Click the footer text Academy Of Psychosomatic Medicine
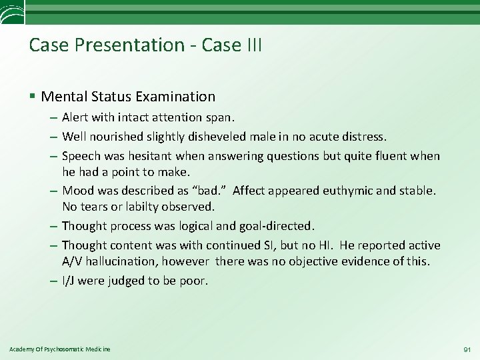pyautogui.click(x=60, y=349)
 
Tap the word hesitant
pyautogui.click(x=164, y=155)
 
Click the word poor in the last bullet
pyautogui.click(x=195, y=280)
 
